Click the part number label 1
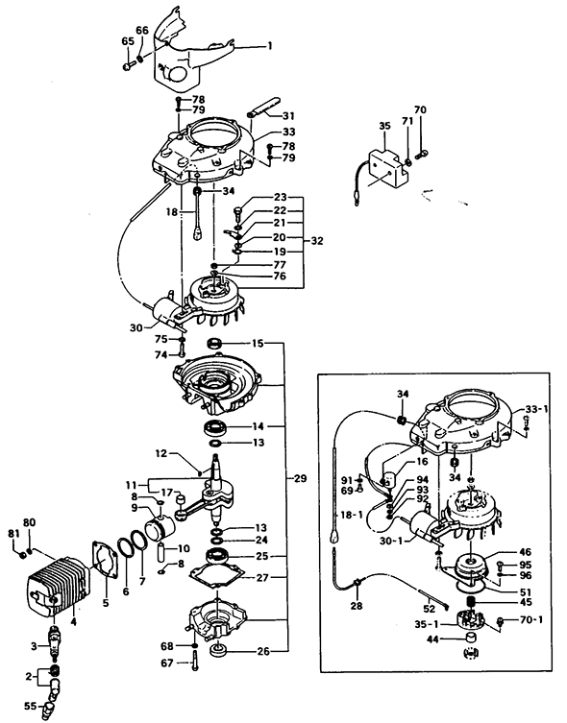coord(270,46)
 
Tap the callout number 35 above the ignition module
coord(384,126)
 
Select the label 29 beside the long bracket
coord(300,478)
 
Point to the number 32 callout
coord(317,241)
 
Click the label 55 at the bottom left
coord(31,706)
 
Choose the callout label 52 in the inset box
coord(429,609)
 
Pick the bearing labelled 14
coord(215,428)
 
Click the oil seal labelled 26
coord(217,652)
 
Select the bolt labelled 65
coord(128,67)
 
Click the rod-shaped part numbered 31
coord(264,107)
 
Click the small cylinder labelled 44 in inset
coord(470,639)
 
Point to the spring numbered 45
coord(471,601)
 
